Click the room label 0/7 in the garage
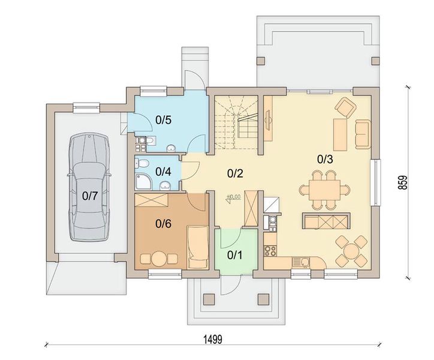90,196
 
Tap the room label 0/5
163,120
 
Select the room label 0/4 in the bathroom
163,172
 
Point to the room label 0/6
163,224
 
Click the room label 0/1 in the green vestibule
235,255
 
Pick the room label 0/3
325,159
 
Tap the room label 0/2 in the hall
235,173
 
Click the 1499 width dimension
213,339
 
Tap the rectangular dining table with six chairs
325,190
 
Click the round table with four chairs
351,251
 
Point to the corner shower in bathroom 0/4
143,182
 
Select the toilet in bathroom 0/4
141,163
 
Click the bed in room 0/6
198,247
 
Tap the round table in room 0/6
159,259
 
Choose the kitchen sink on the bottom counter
300,262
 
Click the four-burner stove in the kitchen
270,251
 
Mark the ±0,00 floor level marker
233,197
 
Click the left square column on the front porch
209,299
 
